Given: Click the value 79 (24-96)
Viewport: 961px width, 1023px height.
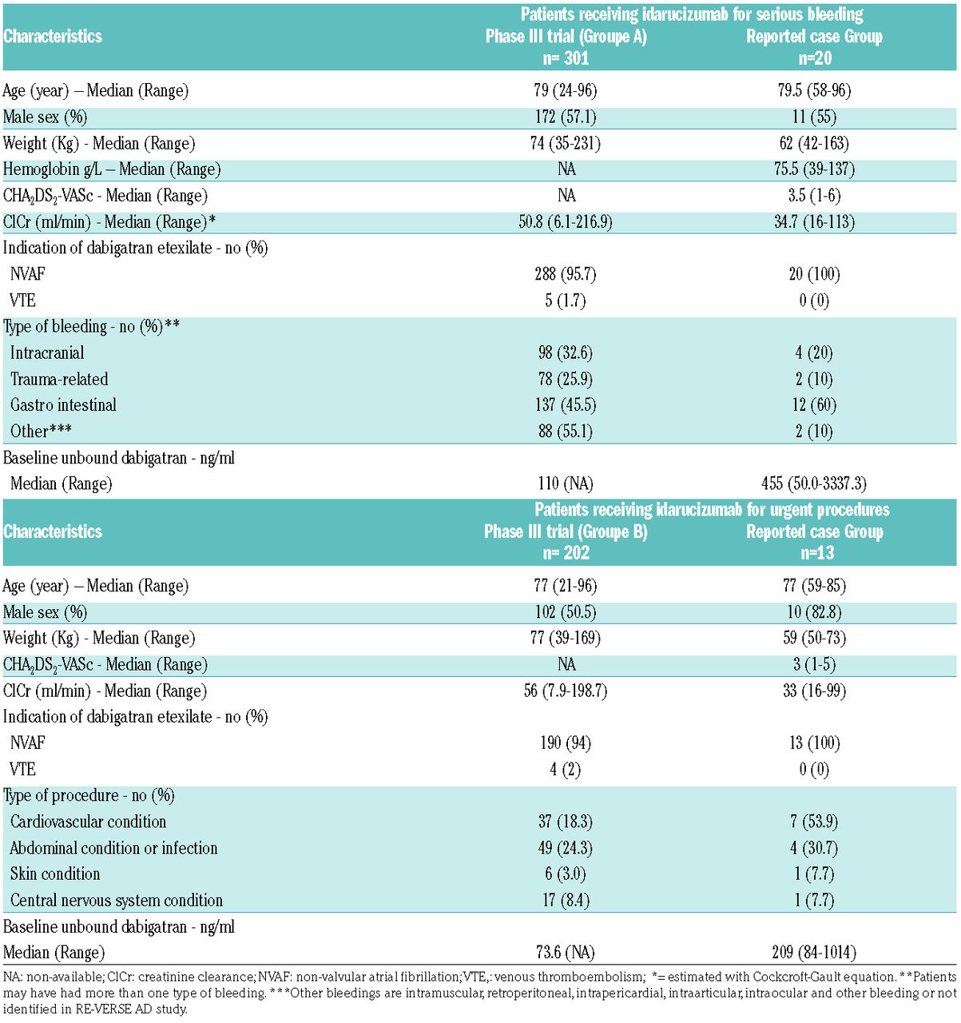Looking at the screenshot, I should pos(566,90).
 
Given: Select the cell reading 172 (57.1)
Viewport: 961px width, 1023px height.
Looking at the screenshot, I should pos(566,117).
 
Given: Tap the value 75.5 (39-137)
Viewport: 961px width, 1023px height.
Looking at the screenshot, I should pos(815,169).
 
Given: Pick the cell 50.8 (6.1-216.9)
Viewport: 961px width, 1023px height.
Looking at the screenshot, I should pos(566,221).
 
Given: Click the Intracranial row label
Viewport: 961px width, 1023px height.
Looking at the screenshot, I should pos(47,353).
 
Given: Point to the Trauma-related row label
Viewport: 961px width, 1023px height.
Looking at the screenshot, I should pos(59,380).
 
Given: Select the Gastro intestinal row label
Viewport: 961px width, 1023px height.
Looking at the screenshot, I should pos(63,405).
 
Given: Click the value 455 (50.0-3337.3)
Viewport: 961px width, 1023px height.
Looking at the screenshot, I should pos(814,484).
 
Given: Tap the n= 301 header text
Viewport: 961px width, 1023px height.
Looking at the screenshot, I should pos(566,58).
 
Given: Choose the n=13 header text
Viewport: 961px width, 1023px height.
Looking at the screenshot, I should pos(815,553).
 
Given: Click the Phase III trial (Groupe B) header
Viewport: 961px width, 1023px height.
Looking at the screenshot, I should pos(566,531).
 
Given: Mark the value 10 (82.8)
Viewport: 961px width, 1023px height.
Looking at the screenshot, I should pos(815,612).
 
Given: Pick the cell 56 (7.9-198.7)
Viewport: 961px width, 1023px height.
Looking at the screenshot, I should pos(566,691).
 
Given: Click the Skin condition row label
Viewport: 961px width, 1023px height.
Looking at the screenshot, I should pos(55,874).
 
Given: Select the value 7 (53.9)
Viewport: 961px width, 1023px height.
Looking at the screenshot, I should pos(815,822).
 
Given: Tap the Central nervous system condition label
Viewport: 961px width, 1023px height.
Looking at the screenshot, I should pos(117,900).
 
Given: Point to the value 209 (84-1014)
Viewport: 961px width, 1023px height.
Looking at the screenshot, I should pos(815,952).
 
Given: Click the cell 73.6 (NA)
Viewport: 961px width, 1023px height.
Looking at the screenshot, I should pos(566,952).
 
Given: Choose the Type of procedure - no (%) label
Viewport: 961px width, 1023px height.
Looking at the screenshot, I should pos(89,795).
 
